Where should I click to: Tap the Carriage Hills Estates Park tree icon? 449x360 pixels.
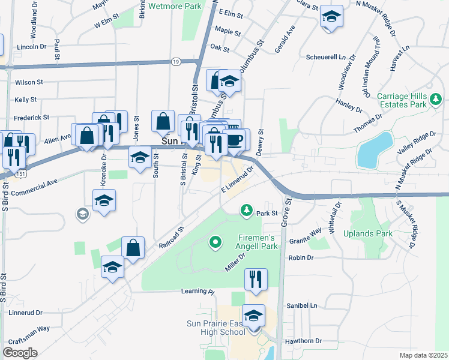(x=438, y=98)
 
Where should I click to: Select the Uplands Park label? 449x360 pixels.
(x=367, y=233)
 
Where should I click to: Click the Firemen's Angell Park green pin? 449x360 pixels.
(x=215, y=242)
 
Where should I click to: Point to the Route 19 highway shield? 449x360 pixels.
(x=175, y=62)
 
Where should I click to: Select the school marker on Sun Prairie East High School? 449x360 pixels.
(x=253, y=315)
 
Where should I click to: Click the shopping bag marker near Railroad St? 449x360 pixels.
(x=133, y=247)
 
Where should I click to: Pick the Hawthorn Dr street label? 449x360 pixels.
(x=304, y=341)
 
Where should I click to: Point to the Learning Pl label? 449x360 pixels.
(x=197, y=292)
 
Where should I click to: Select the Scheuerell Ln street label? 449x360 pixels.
(x=327, y=58)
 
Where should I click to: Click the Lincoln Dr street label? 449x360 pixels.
(x=32, y=46)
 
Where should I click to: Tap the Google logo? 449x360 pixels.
(x=20, y=353)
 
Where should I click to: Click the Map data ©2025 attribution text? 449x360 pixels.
(x=423, y=355)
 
